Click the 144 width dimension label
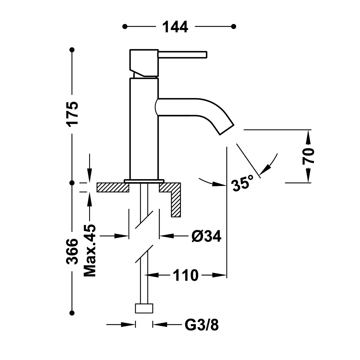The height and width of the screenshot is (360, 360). coord(175,27)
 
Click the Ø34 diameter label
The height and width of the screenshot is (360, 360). coord(206,236)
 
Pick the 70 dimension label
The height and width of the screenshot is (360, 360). coord(308,156)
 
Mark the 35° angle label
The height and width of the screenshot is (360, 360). coord(243,183)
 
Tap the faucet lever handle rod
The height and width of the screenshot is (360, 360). coord(183,54)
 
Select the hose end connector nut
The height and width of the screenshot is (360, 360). coord(144,308)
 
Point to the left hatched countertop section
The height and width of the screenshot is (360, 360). coord(112,187)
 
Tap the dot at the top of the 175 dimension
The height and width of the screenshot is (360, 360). coord(72,49)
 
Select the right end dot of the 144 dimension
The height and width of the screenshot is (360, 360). coord(234,26)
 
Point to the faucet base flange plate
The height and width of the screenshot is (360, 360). coord(144,181)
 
